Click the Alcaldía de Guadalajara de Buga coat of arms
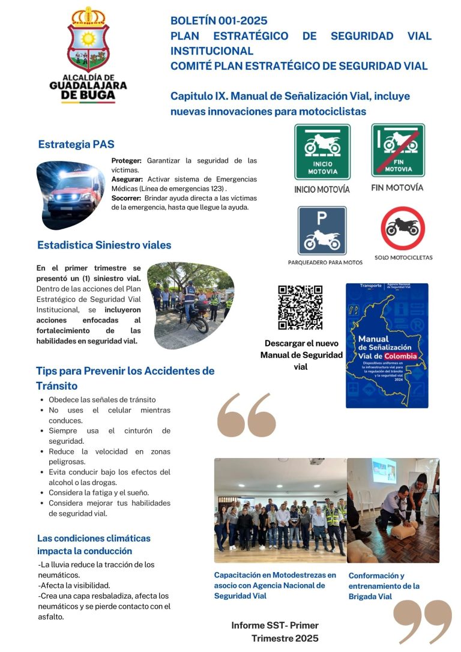point(88,40)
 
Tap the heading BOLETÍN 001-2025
point(218,21)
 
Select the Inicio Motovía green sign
point(322,152)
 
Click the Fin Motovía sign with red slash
point(398,150)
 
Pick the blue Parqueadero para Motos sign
point(322,231)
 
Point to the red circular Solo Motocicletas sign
point(403,228)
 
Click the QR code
point(300,307)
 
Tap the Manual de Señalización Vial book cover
point(387,345)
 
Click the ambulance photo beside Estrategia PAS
point(67,191)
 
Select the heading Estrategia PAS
point(76,144)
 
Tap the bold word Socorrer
point(127,198)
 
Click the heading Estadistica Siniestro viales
point(104,245)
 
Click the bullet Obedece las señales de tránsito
point(102,399)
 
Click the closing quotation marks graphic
point(423,621)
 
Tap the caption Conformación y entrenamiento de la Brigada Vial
point(384,586)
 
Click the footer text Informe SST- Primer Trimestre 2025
point(275,632)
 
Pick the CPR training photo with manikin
point(393,510)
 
